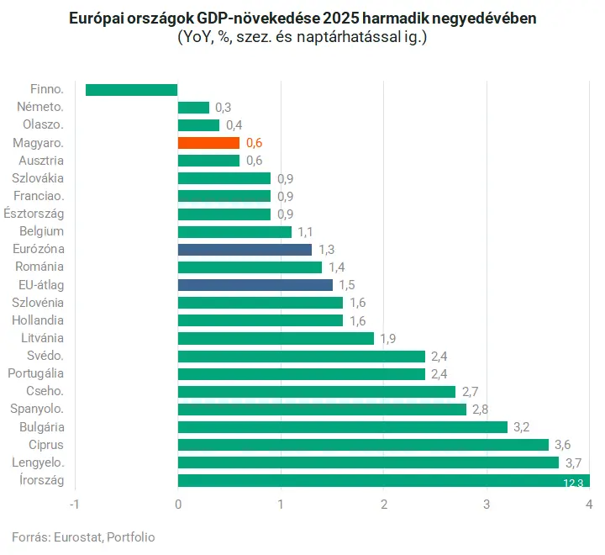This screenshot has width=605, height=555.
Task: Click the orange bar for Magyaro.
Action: click(208, 143)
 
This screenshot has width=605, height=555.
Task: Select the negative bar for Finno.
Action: click(131, 90)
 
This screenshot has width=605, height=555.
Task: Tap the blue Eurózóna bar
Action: click(245, 250)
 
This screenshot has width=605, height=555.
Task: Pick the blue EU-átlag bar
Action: click(255, 285)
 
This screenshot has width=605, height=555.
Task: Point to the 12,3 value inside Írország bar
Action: click(574, 482)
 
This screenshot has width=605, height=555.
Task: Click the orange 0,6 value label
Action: click(255, 143)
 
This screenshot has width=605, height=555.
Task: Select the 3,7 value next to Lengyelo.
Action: click(574, 462)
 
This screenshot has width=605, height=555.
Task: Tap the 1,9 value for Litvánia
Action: click(389, 338)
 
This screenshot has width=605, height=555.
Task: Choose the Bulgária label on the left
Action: click(41, 427)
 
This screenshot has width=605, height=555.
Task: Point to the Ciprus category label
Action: click(46, 445)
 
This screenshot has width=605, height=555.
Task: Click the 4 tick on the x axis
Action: click(589, 505)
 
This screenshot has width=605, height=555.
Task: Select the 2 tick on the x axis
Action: click(383, 505)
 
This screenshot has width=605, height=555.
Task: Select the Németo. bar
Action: click(193, 108)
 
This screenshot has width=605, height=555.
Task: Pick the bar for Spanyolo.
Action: click(322, 410)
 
